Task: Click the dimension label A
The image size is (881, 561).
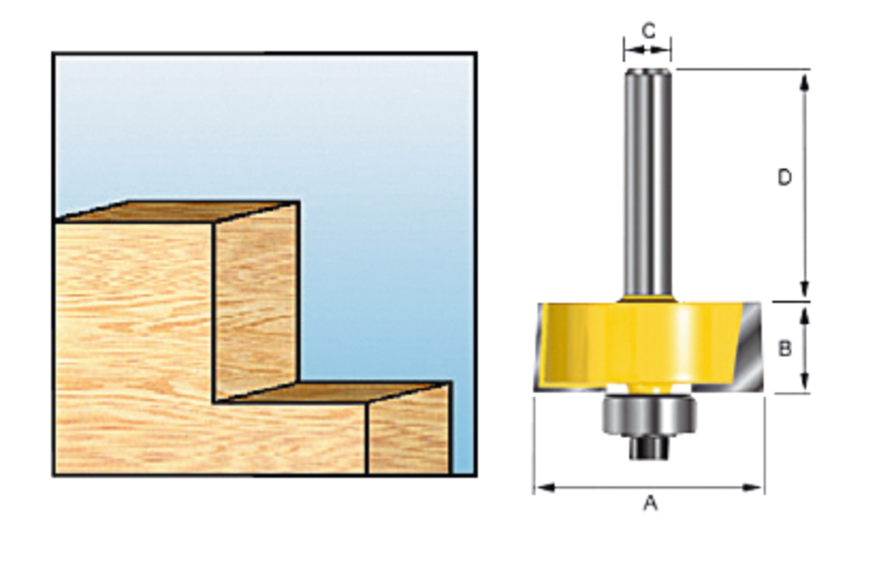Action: tap(650, 502)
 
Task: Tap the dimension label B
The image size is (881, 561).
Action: tap(785, 348)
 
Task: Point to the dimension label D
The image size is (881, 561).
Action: tap(784, 177)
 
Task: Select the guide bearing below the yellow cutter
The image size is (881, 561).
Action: tap(649, 414)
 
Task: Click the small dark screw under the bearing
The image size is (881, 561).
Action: tap(648, 447)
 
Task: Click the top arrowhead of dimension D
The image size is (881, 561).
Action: tap(804, 80)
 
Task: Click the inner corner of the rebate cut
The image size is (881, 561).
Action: tap(215, 401)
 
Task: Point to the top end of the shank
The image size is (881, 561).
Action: tap(648, 71)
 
